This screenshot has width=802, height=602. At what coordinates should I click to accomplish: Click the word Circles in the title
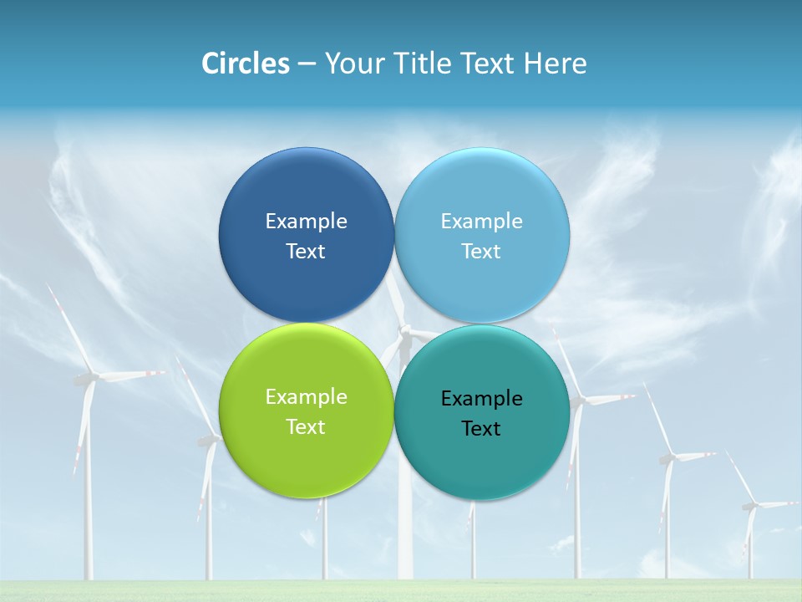(246, 64)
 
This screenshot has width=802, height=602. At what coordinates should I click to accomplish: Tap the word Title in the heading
(422, 64)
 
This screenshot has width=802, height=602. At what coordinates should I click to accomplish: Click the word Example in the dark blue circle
(306, 222)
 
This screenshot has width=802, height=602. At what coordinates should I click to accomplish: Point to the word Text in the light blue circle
(481, 252)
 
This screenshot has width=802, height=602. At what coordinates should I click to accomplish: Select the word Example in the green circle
(306, 397)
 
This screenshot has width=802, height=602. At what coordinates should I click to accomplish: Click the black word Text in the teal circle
(481, 429)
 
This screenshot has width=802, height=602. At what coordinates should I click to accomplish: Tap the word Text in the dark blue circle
(306, 252)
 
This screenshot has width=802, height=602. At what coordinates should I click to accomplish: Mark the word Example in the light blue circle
(481, 222)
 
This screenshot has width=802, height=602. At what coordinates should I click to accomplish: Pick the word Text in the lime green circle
(306, 427)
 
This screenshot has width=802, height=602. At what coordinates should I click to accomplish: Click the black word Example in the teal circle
(481, 399)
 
